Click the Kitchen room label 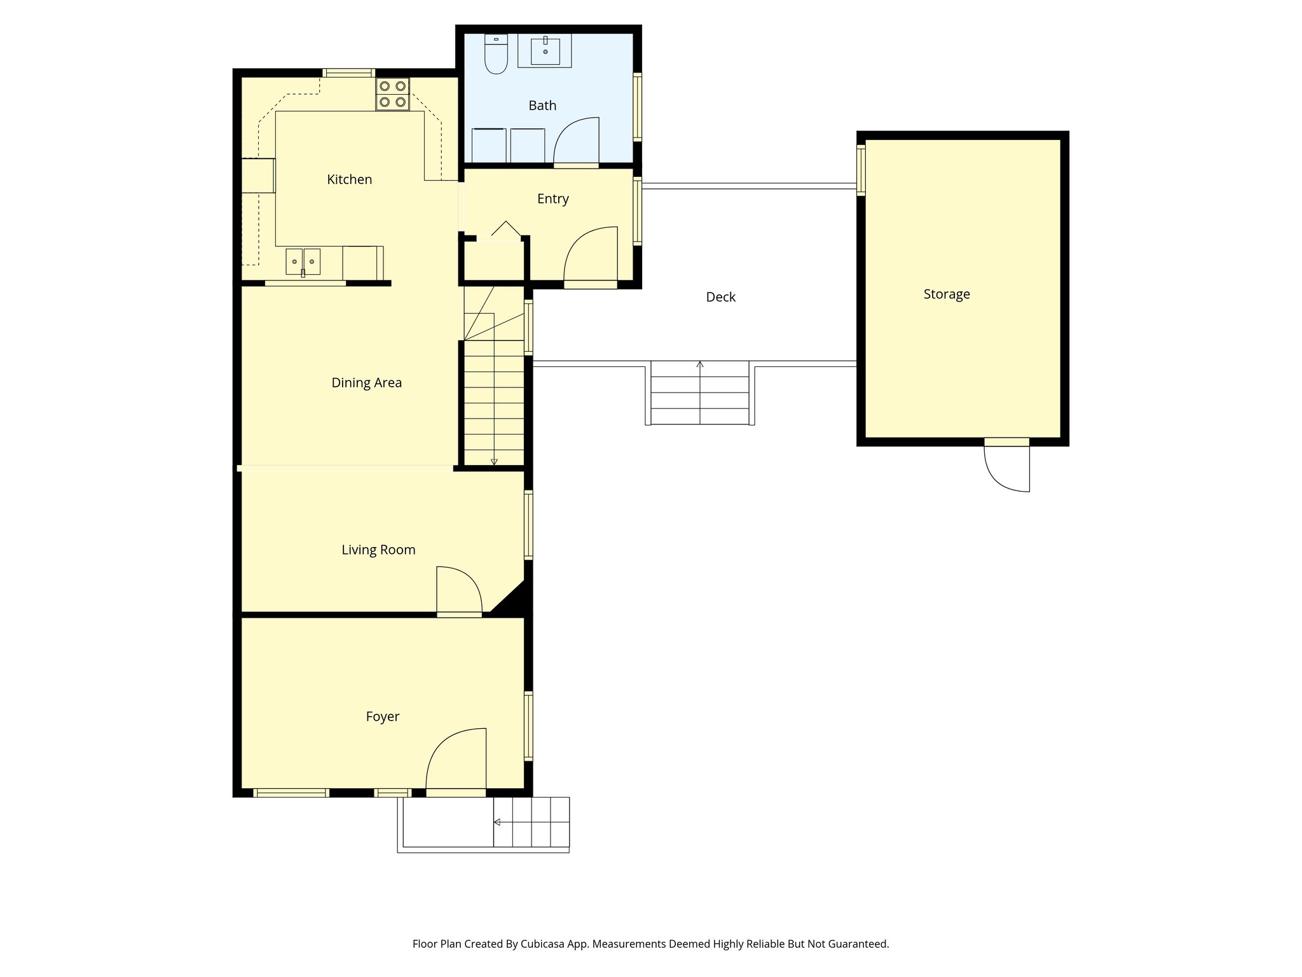pyautogui.click(x=349, y=179)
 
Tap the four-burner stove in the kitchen pyautogui.click(x=392, y=94)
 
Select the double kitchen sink pyautogui.click(x=303, y=261)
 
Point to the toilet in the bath pyautogui.click(x=496, y=54)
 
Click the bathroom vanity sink pyautogui.click(x=545, y=51)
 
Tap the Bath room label pyautogui.click(x=542, y=106)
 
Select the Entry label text pyautogui.click(x=552, y=199)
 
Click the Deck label pyautogui.click(x=720, y=297)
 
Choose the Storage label pyautogui.click(x=946, y=294)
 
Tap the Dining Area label pyautogui.click(x=366, y=383)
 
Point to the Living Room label pyautogui.click(x=378, y=550)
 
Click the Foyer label pyautogui.click(x=382, y=717)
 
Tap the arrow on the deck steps pyautogui.click(x=700, y=364)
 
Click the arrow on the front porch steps pyautogui.click(x=497, y=822)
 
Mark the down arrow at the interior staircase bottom pyautogui.click(x=494, y=462)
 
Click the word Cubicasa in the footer pyautogui.click(x=544, y=944)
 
